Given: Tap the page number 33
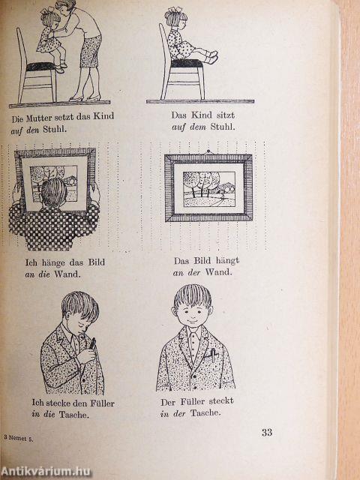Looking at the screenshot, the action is pos(267,432).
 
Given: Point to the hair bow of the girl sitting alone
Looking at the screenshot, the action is pos(173,10).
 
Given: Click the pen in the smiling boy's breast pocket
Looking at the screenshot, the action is pos(213,355).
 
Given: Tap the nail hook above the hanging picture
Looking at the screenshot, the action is pos(208,152).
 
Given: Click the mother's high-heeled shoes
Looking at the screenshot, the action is pos(85,97).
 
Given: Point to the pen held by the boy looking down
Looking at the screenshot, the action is pos(92,343).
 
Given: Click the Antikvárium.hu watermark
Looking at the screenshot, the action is pos(46,472).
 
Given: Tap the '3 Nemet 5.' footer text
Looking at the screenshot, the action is pos(19,438).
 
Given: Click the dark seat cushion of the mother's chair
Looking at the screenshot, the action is pos(40,67).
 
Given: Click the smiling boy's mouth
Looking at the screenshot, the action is pos(192,322).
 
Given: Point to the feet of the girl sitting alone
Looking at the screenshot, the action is pos(212,57).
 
